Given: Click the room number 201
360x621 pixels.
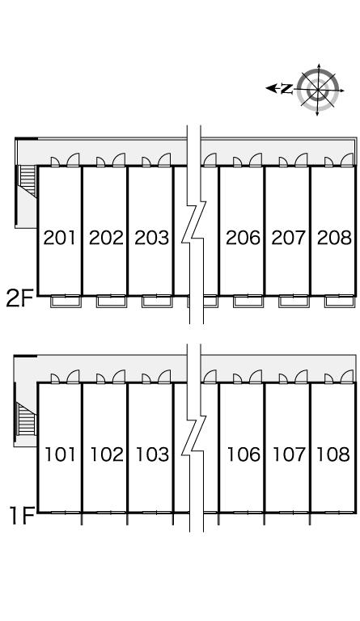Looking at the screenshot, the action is click(x=59, y=238).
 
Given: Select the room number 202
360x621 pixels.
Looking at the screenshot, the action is click(x=106, y=238).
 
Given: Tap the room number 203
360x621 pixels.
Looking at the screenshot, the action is click(x=151, y=238).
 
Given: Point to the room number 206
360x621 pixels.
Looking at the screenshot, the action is click(x=244, y=238).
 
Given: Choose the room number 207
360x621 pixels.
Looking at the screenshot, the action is click(x=289, y=238).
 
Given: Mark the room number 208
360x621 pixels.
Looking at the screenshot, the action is click(x=334, y=238).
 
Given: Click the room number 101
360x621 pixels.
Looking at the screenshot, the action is click(x=60, y=454).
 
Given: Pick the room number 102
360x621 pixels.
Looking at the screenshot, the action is click(x=107, y=454).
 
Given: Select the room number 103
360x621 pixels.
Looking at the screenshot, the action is click(x=152, y=454).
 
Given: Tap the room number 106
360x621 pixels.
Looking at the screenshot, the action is click(x=244, y=454).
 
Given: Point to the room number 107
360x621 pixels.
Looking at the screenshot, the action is click(x=290, y=454).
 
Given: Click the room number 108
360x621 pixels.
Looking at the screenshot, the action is click(x=333, y=454).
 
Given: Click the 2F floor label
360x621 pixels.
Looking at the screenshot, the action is click(x=19, y=298).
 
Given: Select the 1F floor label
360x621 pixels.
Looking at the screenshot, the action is click(x=22, y=515).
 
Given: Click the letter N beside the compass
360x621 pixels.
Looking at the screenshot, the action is click(x=286, y=89).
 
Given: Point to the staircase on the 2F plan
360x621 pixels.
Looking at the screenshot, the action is click(x=28, y=181).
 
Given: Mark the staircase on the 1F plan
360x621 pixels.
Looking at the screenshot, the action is click(x=26, y=419).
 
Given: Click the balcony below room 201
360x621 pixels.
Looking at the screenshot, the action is click(x=66, y=302).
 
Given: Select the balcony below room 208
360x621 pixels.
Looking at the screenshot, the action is click(x=340, y=302).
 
